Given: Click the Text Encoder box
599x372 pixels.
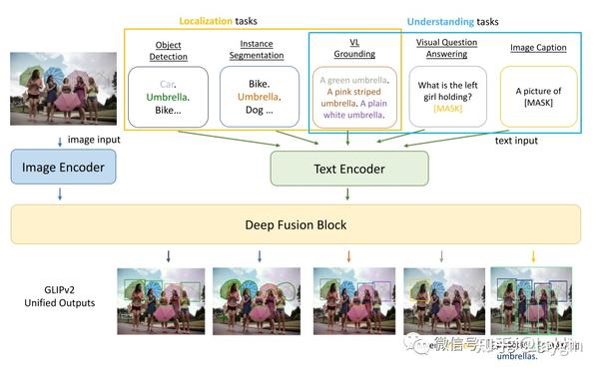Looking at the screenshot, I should click(348, 169).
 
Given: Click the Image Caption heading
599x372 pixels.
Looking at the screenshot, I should click(538, 47).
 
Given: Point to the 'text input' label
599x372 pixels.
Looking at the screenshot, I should click(516, 141).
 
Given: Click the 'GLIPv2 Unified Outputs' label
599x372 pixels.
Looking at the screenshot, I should click(55, 294).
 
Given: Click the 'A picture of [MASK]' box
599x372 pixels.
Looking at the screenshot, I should click(538, 97).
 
